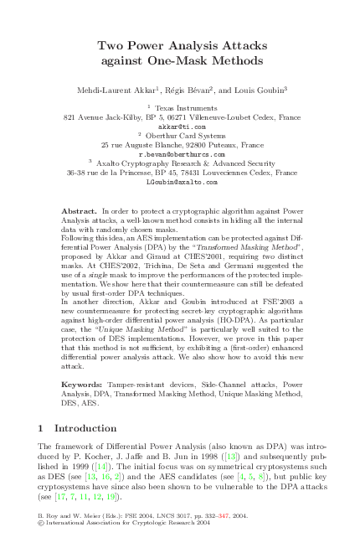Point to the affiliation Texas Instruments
point(184,108)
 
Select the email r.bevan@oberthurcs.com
point(181,154)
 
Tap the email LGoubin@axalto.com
point(181,181)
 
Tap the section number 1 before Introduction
point(42,428)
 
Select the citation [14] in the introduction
point(99,466)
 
